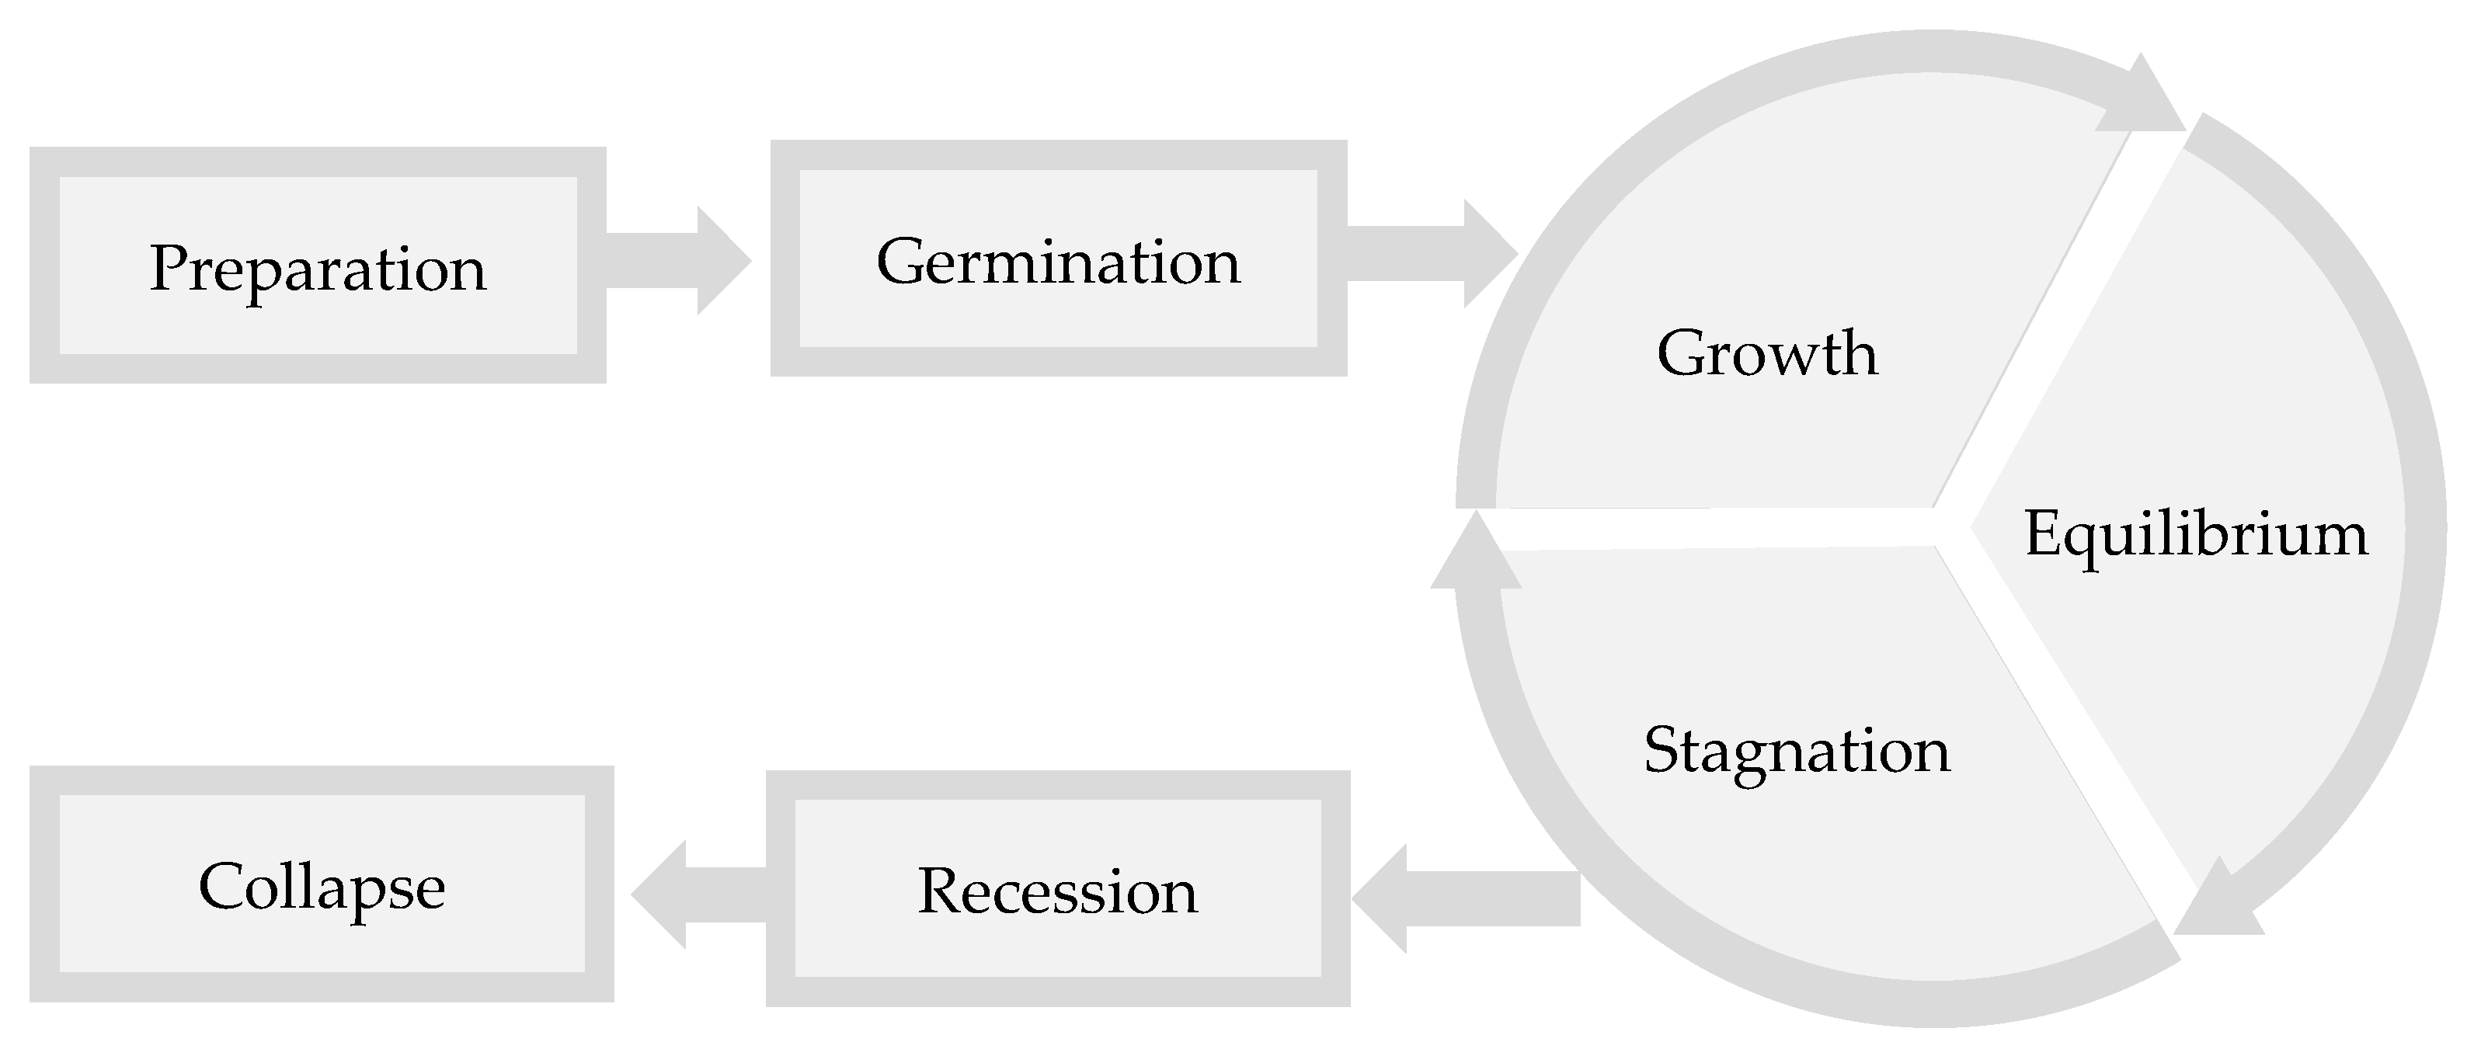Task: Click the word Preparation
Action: [317, 268]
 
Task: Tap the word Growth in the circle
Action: [1767, 353]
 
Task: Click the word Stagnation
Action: [1797, 750]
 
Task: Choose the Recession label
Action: [1057, 891]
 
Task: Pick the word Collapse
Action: [322, 886]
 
